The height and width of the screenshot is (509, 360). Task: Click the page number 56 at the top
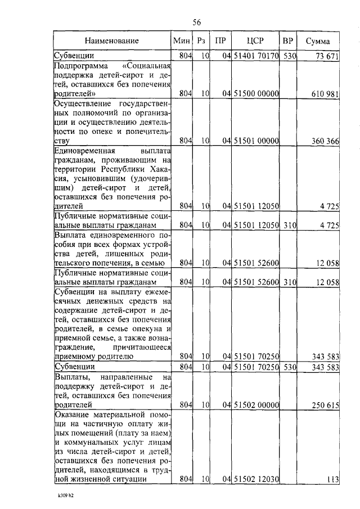coord(197,22)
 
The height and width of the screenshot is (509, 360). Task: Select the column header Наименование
coord(112,41)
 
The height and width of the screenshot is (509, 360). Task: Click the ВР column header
coord(287,41)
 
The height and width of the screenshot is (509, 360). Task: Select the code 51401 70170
coord(256,56)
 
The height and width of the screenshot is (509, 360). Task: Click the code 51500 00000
coord(256,93)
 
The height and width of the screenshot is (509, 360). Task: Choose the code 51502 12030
coord(256,479)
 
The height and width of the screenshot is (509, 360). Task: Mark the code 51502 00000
coord(256,404)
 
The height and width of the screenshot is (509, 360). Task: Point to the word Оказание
coord(70,415)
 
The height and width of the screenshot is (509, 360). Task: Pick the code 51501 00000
coord(256,141)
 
